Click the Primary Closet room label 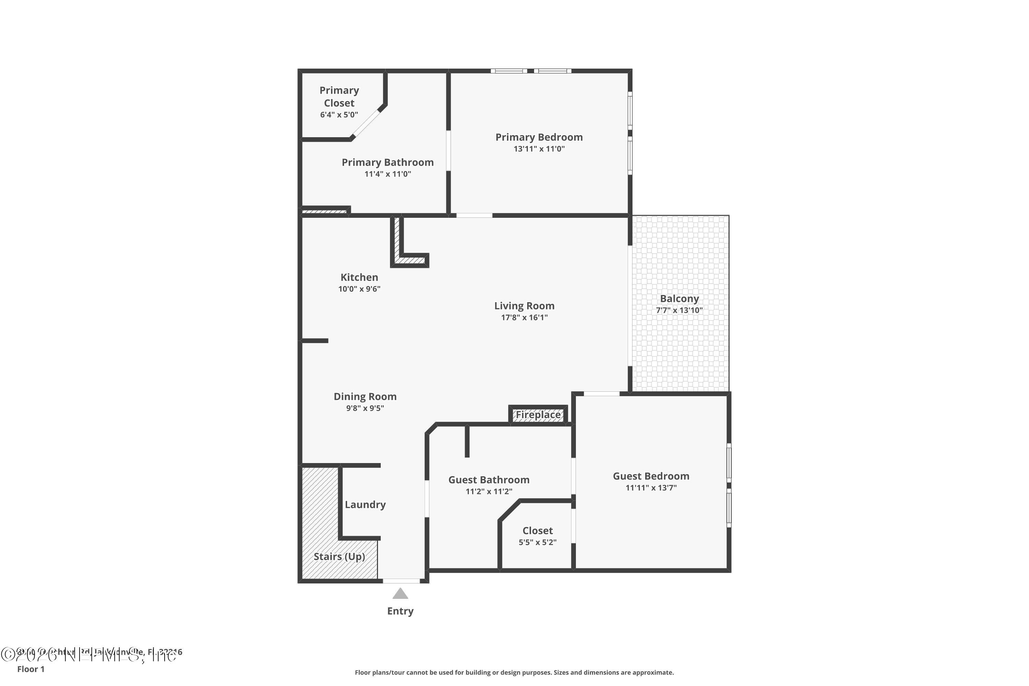339,96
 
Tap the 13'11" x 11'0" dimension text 539,149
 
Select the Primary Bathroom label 388,162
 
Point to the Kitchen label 359,277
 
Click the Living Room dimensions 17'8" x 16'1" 524,318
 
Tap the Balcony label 679,299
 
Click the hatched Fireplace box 538,415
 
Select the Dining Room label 365,397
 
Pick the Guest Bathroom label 489,480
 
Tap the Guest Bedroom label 651,476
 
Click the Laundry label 365,505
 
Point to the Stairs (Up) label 339,556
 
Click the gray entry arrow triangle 400,594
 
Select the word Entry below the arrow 400,611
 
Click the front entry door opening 401,581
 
